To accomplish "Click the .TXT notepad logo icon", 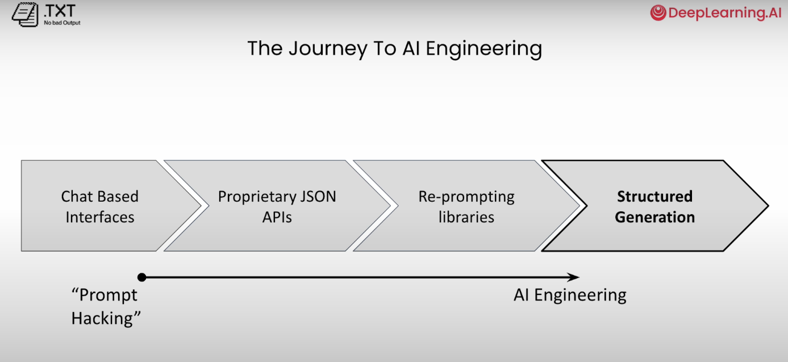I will pos(22,14).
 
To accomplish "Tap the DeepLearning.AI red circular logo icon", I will pos(658,13).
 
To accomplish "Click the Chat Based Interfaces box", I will pos(100,206).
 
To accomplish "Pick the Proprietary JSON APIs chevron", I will pos(277,206).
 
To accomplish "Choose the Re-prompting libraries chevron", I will pos(466,206).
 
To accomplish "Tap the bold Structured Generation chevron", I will pos(654,206).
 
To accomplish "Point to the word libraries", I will pos(466,217).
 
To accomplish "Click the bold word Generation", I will pos(654,217).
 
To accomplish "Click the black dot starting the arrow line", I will pos(142,277).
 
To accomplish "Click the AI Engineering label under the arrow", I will pos(570,296).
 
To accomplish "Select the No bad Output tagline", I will pos(62,23).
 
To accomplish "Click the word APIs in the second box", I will pos(277,217).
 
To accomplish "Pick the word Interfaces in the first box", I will pos(100,217).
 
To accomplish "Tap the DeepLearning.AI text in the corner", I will pos(725,13).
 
